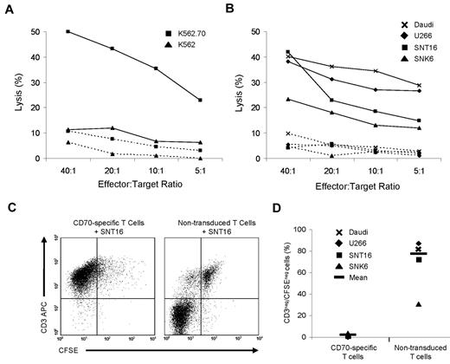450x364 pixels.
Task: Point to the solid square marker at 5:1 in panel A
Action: click(200, 101)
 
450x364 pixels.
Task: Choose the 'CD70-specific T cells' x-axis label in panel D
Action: click(325, 348)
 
